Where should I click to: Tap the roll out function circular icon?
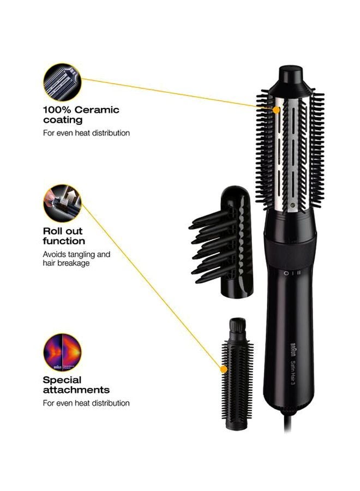[x=62, y=203]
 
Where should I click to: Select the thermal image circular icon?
[x=62, y=352]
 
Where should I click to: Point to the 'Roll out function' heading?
[x=64, y=236]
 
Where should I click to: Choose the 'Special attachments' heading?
[x=76, y=385]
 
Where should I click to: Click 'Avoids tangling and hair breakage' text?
[x=76, y=258]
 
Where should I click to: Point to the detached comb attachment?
[x=224, y=242]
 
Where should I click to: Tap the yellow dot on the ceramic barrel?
[x=277, y=110]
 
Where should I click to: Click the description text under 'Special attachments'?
[x=86, y=403]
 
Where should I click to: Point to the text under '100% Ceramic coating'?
[x=86, y=133]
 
